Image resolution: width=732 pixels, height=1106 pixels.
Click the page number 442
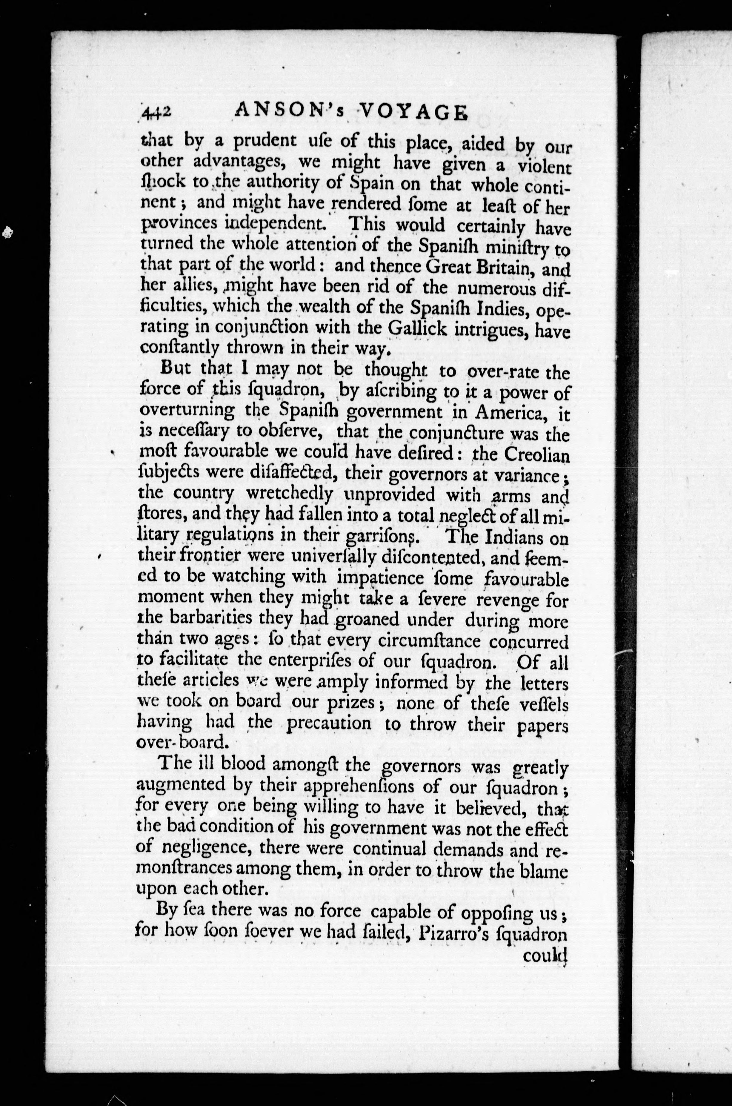(157, 113)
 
